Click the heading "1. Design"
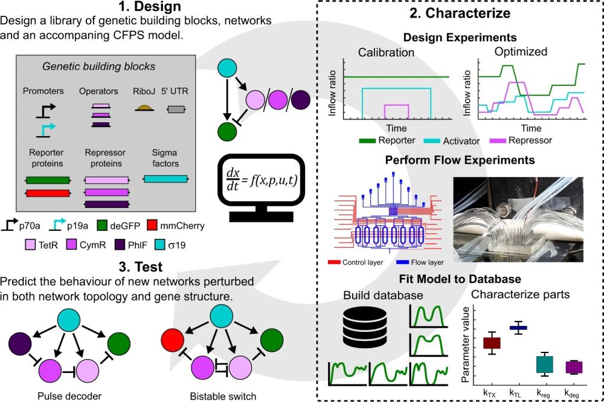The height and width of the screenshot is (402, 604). [143, 7]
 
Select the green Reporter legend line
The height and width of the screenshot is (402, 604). [370, 141]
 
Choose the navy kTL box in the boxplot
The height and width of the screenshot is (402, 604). [518, 328]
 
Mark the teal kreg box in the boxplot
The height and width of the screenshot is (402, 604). [545, 365]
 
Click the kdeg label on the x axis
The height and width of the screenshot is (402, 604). [571, 393]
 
